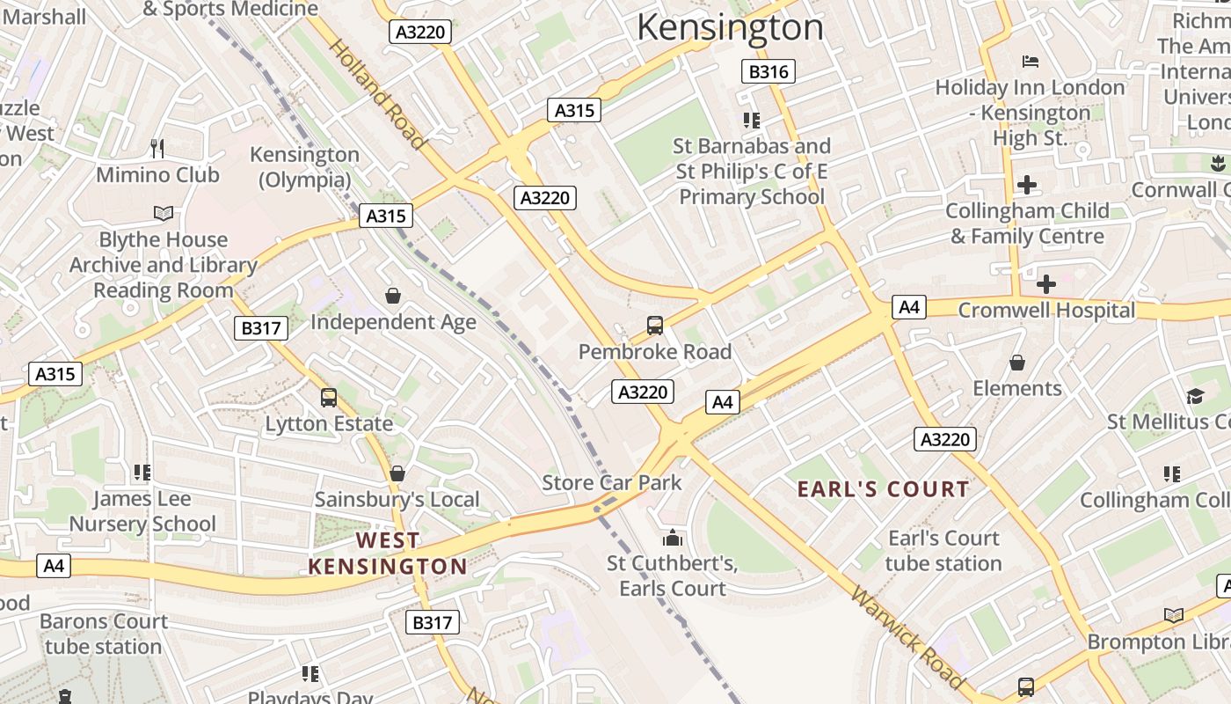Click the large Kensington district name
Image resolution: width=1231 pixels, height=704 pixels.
[x=730, y=27]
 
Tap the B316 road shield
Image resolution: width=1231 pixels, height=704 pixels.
[x=768, y=71]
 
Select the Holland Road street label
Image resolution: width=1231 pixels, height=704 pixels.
[x=377, y=94]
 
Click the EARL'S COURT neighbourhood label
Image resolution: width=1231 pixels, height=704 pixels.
[x=883, y=489]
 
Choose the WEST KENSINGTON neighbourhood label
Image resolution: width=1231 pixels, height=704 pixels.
[x=387, y=553]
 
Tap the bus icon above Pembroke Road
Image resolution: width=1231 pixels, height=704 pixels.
[x=655, y=326]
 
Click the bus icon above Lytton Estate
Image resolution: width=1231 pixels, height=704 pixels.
[x=329, y=398]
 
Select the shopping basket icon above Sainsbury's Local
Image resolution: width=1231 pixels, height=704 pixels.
[x=397, y=473]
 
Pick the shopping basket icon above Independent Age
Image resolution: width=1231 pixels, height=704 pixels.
[x=393, y=296]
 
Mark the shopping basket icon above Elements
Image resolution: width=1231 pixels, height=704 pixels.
[x=1017, y=363]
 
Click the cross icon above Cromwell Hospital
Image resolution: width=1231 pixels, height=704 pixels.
[x=1046, y=284]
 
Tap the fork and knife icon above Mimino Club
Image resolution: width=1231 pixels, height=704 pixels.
[x=157, y=148]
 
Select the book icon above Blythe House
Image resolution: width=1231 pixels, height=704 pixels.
[x=164, y=213]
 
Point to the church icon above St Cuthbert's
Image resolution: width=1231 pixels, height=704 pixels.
[x=673, y=537]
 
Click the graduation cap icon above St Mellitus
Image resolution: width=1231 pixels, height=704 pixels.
[x=1194, y=396]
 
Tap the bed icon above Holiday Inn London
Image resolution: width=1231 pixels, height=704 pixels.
[x=1031, y=62]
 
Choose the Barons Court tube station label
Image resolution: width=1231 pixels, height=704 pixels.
[x=103, y=634]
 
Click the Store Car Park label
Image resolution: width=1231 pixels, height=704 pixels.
[x=612, y=482]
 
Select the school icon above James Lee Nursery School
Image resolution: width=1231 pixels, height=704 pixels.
[x=142, y=473]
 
